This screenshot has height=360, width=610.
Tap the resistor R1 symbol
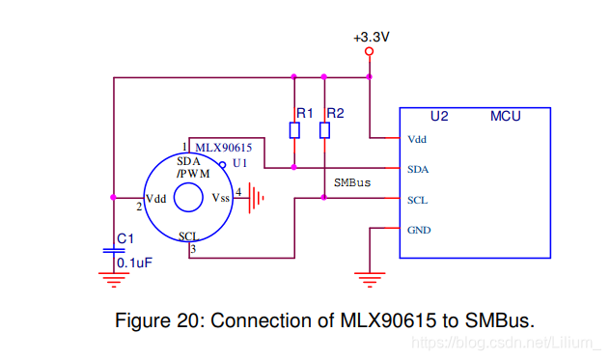click(293, 130)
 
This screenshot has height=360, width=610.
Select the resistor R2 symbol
click(324, 130)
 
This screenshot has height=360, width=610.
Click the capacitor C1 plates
click(114, 251)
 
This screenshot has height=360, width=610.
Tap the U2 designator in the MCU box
click(439, 116)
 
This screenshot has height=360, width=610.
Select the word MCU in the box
click(506, 116)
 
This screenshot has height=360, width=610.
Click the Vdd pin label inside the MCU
click(418, 139)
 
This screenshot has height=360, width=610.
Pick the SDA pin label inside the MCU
click(418, 169)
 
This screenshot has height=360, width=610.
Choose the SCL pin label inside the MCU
click(418, 200)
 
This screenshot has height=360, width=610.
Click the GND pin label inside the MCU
click(420, 231)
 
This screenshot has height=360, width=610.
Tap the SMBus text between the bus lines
click(352, 182)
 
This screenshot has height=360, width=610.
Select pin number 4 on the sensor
click(238, 192)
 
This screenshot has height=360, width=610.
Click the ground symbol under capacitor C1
click(114, 280)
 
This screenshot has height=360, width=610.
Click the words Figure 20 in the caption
click(156, 320)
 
